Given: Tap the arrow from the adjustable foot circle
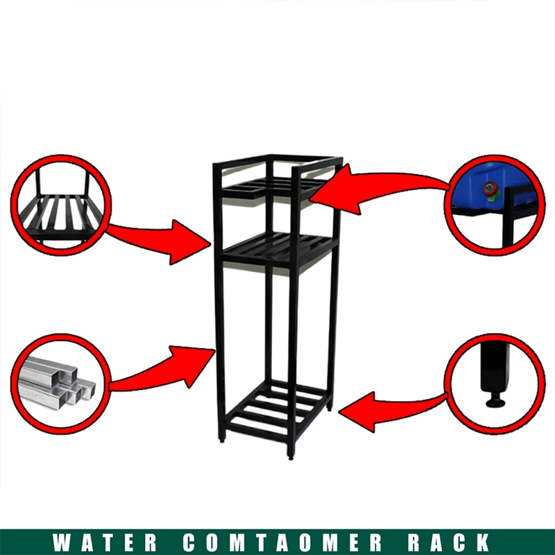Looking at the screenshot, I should point(388,409).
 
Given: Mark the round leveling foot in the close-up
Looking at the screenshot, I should point(495,401).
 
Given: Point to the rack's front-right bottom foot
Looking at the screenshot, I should point(292,454).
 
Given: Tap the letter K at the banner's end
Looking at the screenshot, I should point(484,542).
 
